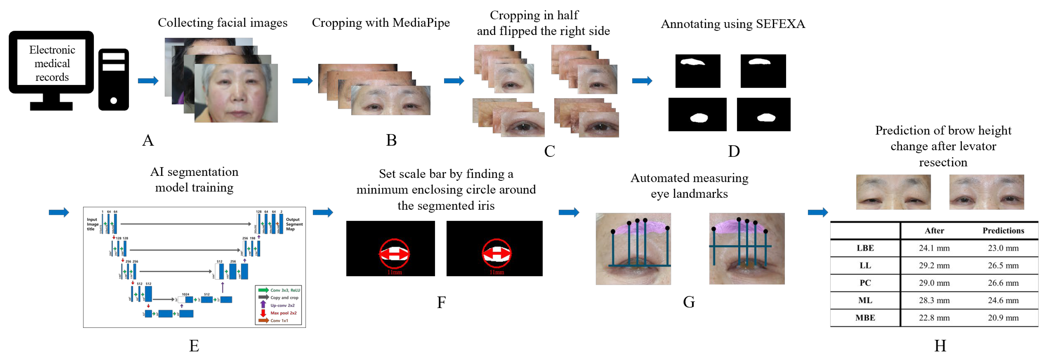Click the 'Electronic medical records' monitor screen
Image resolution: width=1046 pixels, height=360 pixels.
coord(52,63)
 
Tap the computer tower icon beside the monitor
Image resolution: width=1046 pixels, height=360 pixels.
coord(114,80)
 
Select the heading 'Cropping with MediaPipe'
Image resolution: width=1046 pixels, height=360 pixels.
coord(380,23)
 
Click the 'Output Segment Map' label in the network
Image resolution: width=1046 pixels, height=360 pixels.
coord(294,224)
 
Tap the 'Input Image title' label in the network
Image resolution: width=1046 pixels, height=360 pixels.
coord(92,224)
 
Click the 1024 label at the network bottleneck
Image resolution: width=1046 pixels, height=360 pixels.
coord(186,294)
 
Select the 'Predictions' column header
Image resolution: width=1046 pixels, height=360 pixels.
coord(1003,230)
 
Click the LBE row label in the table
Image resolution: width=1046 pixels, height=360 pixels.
coord(865,248)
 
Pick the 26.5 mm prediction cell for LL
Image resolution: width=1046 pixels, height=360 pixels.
coord(1003,265)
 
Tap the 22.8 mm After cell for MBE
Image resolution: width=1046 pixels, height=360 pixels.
coord(934,318)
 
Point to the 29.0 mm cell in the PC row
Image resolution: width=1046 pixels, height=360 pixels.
coord(934,283)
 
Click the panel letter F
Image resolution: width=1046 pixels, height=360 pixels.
coord(441,302)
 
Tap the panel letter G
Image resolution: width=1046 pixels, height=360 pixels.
coord(689,302)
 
